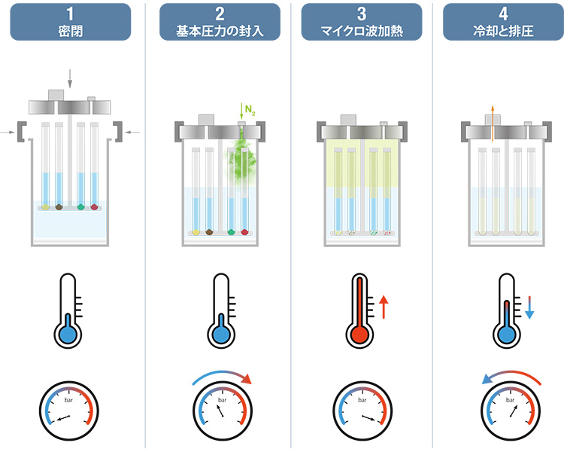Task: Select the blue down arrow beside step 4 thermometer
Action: click(x=529, y=307)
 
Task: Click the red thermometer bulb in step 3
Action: click(x=359, y=334)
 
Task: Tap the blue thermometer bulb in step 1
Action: click(x=69, y=334)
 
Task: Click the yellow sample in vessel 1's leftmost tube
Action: click(x=45, y=206)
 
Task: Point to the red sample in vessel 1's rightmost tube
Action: click(x=94, y=206)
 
